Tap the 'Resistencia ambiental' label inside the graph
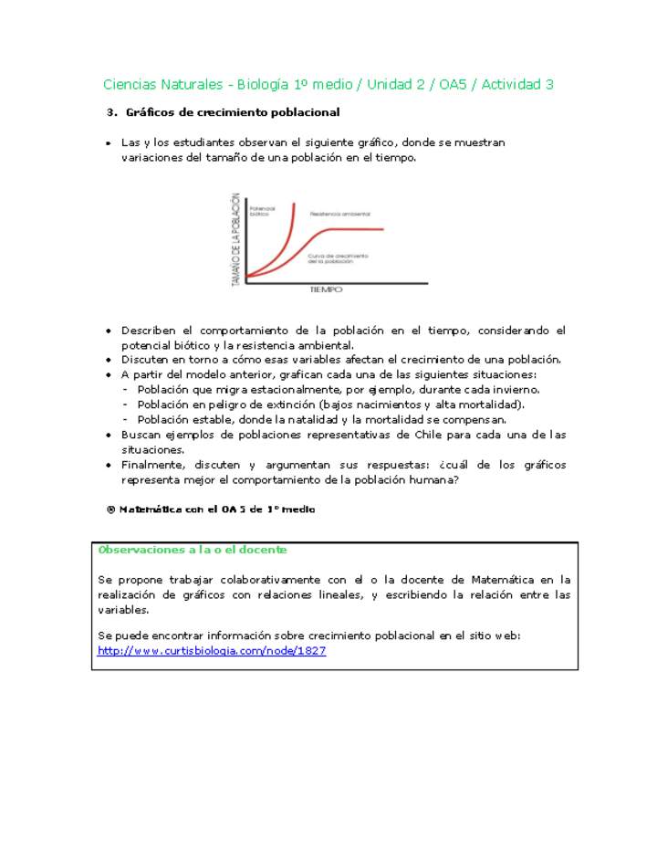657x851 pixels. coord(339,214)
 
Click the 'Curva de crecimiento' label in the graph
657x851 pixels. coord(337,258)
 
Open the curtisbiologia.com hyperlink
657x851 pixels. coord(212,651)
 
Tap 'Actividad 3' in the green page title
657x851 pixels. coord(517,85)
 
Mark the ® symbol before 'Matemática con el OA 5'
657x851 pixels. coord(111,510)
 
